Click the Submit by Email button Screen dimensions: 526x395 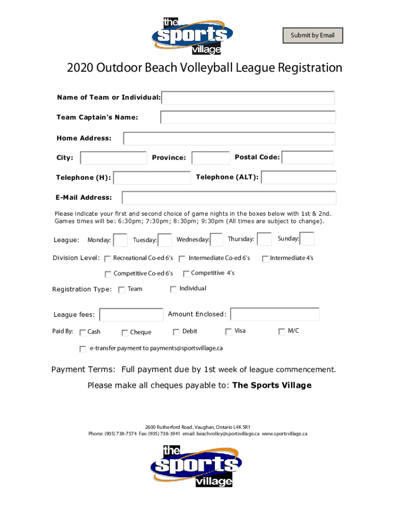(x=312, y=35)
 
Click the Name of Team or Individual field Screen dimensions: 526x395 (x=248, y=98)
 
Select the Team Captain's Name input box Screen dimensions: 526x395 (x=248, y=117)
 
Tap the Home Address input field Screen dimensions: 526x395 (x=229, y=139)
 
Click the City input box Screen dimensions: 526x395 (x=114, y=158)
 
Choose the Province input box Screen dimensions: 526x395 (x=210, y=158)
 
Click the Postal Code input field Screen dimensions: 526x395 (x=308, y=157)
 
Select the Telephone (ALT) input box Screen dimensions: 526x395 (x=299, y=178)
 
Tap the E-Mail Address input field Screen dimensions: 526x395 (x=229, y=198)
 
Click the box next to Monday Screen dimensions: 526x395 (x=120, y=240)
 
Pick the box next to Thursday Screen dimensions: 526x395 (x=264, y=239)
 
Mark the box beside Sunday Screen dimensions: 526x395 (x=307, y=239)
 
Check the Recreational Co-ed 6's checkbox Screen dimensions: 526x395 (x=108, y=259)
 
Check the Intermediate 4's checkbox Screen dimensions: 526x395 (x=265, y=259)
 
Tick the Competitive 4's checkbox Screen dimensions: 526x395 (x=186, y=274)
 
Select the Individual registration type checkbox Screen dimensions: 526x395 (x=173, y=289)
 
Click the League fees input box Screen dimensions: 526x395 (x=131, y=315)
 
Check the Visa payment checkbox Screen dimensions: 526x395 (x=228, y=332)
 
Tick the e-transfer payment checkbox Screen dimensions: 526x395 (x=83, y=349)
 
